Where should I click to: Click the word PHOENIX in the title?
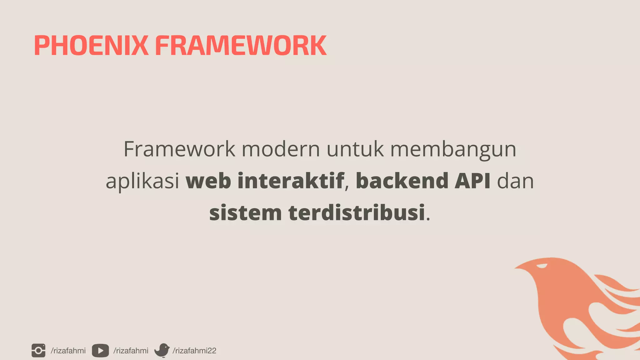click(x=91, y=46)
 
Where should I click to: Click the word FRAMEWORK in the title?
click(x=241, y=46)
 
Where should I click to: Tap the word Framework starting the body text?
click(x=179, y=149)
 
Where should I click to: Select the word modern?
click(x=281, y=149)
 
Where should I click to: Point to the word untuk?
click(x=355, y=149)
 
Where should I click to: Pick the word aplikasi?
click(x=142, y=181)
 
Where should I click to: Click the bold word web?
click(x=208, y=181)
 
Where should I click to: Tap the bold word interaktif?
click(x=291, y=181)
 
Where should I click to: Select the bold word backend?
click(x=402, y=181)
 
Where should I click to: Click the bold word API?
click(x=472, y=181)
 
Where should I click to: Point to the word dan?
click(x=515, y=181)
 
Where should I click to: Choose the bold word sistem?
click(x=245, y=213)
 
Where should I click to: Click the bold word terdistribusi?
click(x=357, y=213)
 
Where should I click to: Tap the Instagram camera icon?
click(x=38, y=350)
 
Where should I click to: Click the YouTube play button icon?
click(x=100, y=351)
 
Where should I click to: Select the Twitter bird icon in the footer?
click(x=162, y=350)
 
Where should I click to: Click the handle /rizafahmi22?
click(x=194, y=351)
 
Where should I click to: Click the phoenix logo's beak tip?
click(x=515, y=267)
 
